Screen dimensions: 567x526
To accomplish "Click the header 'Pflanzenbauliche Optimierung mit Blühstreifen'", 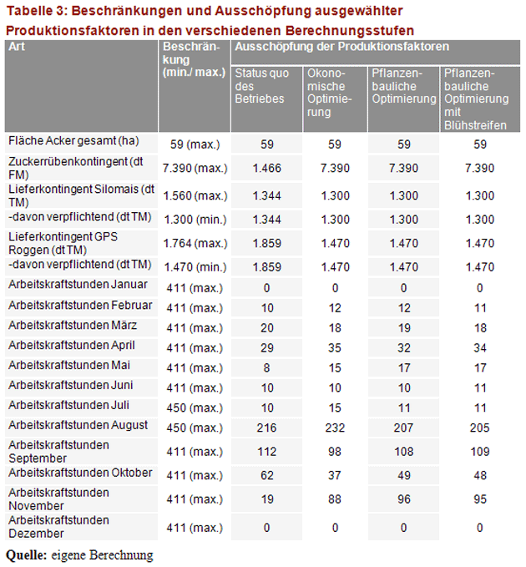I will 476,99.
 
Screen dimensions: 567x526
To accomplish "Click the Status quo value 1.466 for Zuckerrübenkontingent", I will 266,168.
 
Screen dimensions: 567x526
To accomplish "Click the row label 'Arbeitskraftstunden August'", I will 78,425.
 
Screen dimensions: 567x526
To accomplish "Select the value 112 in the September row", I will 266,452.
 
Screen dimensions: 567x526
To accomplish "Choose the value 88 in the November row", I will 333,499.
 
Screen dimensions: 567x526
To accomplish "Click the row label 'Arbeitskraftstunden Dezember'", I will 58,527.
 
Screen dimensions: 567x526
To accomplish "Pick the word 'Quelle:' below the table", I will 26,554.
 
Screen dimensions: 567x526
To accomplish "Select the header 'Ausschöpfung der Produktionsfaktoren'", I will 342,47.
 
